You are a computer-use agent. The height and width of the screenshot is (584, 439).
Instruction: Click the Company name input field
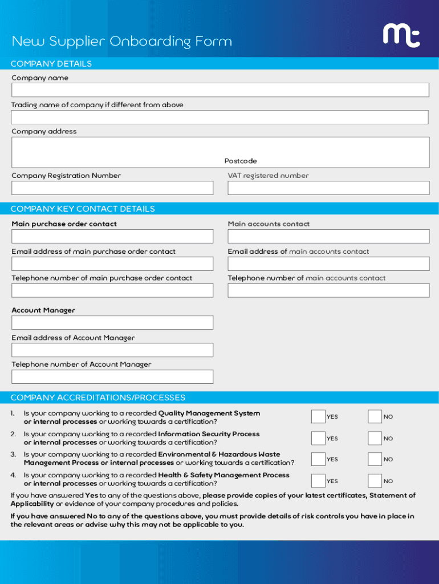point(219,90)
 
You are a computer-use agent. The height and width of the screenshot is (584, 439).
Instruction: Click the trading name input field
point(219,117)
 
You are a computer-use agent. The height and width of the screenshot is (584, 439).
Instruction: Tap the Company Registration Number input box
point(112,188)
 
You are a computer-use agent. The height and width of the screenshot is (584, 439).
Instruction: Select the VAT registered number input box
point(328,188)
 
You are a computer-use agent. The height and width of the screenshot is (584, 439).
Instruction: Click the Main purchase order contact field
point(112,237)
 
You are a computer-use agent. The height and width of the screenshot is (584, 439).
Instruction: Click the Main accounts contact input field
point(328,237)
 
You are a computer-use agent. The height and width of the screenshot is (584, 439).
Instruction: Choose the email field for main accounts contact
point(328,263)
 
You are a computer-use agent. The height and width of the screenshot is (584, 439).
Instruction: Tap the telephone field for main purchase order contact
point(112,290)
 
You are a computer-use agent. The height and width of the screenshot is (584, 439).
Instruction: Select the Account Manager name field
point(112,323)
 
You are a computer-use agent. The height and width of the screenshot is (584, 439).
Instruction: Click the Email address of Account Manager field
point(112,350)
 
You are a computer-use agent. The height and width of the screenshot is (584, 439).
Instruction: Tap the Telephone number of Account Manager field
point(112,376)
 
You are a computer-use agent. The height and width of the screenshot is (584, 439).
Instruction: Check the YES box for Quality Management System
point(318,417)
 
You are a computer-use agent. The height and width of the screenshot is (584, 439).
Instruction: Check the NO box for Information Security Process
point(375,438)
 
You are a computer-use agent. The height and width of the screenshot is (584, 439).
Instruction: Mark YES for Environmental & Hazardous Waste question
point(318,459)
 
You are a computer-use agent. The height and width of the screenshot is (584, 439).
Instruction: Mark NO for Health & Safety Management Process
point(375,481)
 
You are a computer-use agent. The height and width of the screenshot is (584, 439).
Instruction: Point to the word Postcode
point(241,161)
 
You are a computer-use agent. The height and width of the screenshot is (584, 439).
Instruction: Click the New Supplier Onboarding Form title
point(122,42)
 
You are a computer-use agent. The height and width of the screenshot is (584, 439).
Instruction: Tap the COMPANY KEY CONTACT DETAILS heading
point(83,209)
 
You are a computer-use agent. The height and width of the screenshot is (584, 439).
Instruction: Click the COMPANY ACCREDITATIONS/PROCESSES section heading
point(97,398)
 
